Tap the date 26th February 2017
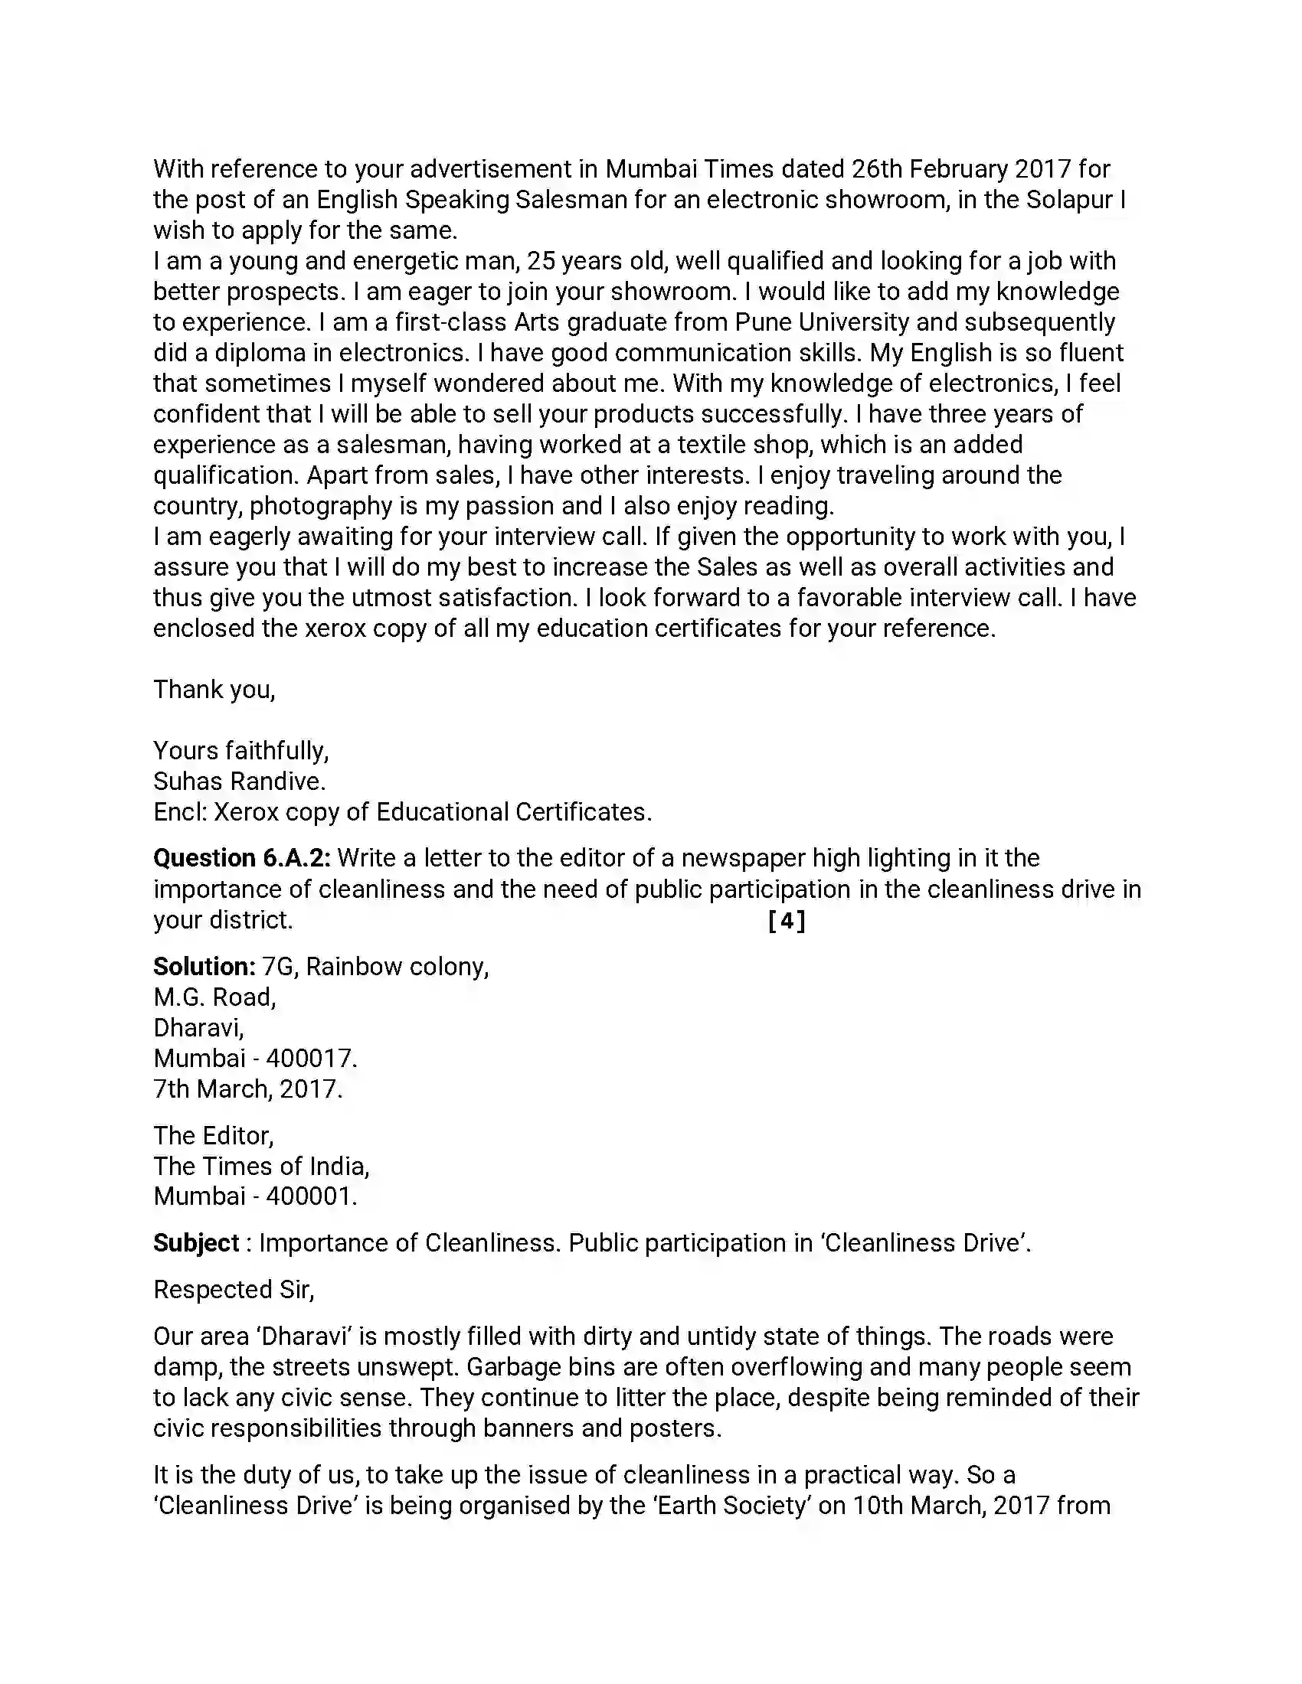(961, 169)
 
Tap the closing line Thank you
(214, 690)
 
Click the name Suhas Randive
(239, 782)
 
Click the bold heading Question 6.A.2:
(241, 858)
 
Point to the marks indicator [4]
(787, 921)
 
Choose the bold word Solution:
(204, 967)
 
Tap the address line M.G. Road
(214, 997)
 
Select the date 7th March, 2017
(247, 1089)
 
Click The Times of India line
(260, 1167)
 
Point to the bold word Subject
(196, 1243)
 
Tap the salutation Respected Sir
(233, 1289)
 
